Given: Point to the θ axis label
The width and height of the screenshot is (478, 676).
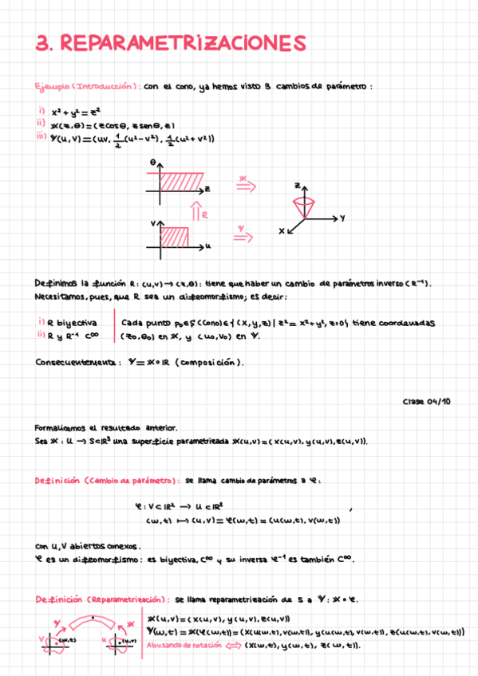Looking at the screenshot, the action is [152, 162].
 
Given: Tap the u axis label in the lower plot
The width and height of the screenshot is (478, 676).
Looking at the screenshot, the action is [207, 246].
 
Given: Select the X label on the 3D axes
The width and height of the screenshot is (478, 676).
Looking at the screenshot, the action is [282, 231].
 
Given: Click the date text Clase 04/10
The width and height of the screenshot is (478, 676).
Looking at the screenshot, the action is [426, 403].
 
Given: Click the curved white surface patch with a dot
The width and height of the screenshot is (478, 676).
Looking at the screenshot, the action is [95, 622].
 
